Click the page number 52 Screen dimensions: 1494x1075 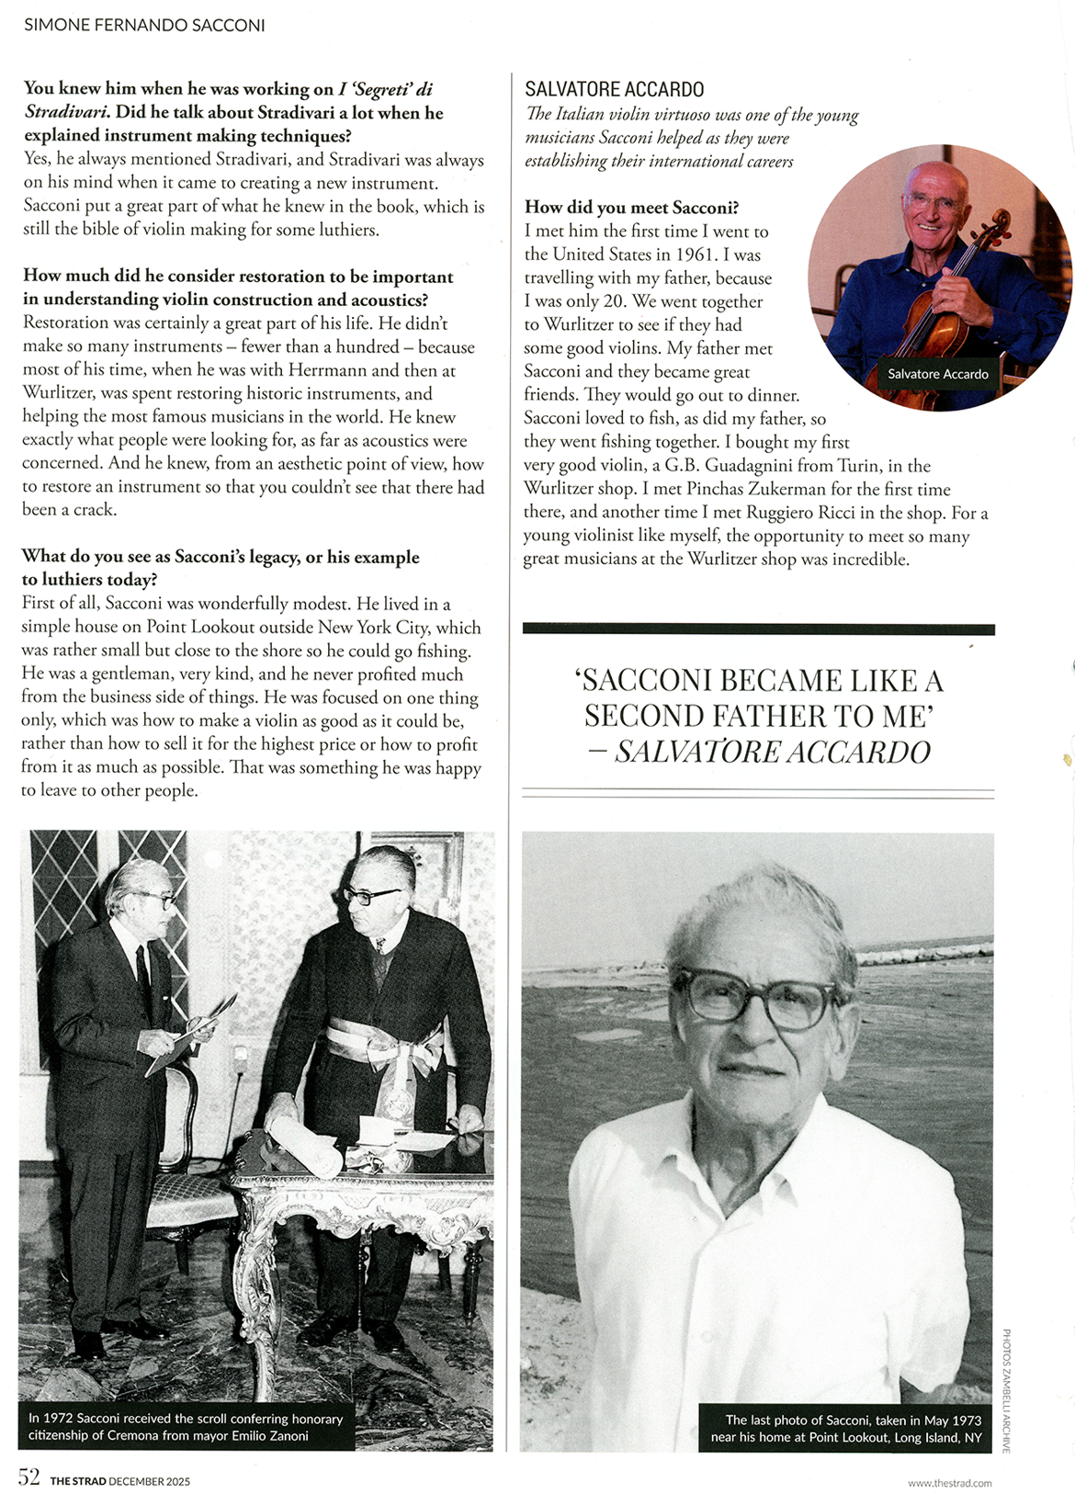tap(29, 1477)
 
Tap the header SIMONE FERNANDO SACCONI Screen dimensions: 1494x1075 tap(144, 25)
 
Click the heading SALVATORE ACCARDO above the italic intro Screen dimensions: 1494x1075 tap(614, 89)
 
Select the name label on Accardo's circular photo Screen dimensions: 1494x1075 tap(937, 374)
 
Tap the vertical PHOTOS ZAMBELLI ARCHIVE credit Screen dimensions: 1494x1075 tap(1007, 1389)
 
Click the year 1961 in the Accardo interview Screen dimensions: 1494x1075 tap(695, 255)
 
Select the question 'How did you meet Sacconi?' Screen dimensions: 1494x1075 tap(631, 207)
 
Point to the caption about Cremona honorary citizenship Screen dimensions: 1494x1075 tap(186, 1427)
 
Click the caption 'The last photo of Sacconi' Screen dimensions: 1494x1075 tap(845, 1428)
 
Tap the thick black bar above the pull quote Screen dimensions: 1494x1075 tap(758, 629)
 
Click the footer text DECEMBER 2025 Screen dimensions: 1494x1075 tap(150, 1481)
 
